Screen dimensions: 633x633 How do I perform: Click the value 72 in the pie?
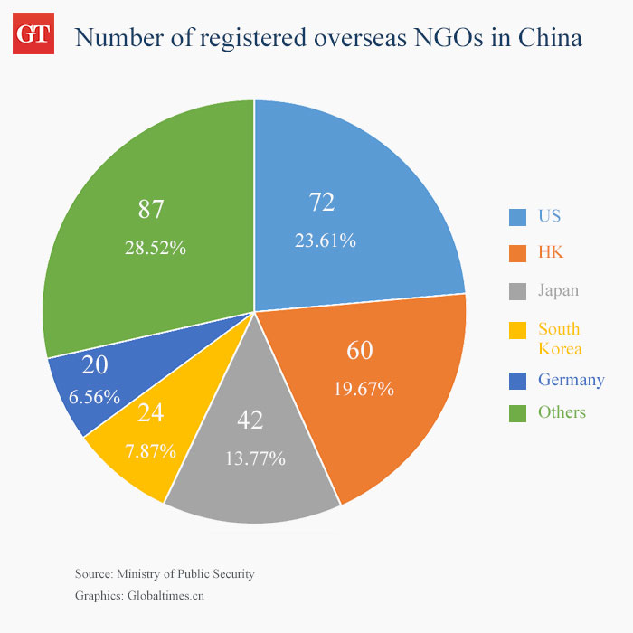coord(322,203)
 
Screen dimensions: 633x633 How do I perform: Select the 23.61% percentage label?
coord(326,241)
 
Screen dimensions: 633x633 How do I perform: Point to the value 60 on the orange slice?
coord(360,351)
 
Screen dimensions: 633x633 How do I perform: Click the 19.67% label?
coord(364,389)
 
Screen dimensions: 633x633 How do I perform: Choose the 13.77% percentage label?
coord(255,458)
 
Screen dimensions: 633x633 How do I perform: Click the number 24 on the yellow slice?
coord(150,413)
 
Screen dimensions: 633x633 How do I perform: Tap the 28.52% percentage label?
coord(156,247)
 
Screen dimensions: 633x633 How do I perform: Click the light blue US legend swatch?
coord(517,217)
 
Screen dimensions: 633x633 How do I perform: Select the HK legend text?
coord(551,252)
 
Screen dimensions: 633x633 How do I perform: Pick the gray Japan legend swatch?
coord(517,292)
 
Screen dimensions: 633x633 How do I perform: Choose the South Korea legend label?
coord(560,339)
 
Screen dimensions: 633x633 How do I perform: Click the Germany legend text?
coord(571,380)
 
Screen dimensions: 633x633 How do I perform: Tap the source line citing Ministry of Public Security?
coord(165,574)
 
